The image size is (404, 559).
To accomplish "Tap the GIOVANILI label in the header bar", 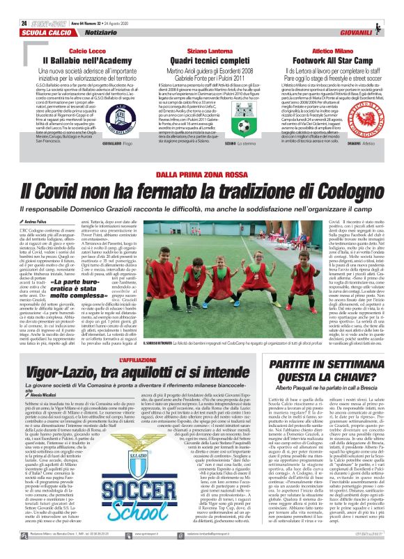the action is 375,13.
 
